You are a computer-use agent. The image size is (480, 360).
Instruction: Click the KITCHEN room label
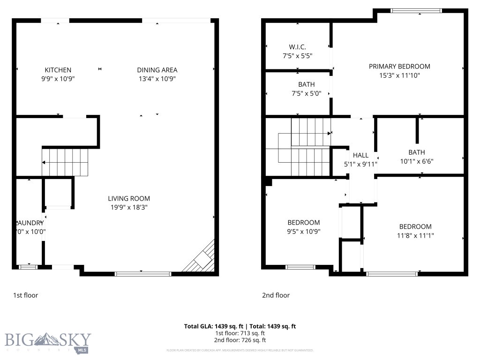pos(58,70)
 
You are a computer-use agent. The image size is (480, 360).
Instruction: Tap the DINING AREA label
pos(157,70)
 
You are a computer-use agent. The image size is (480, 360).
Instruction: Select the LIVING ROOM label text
pos(129,198)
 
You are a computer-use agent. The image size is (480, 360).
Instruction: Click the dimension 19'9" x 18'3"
pos(129,207)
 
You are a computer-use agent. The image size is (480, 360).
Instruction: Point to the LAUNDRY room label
pos(30,223)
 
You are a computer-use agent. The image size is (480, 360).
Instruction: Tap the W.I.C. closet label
pos(297,46)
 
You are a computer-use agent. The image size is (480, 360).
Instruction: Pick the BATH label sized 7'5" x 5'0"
pos(306,84)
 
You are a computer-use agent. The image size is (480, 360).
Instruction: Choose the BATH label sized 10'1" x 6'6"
pos(416,152)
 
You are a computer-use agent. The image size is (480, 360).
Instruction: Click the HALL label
pos(360,155)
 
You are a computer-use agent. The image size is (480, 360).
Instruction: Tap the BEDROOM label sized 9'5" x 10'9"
pos(303,222)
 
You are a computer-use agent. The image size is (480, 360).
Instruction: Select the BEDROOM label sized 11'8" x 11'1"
pos(415,226)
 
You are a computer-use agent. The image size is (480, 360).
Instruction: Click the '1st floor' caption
pos(25,295)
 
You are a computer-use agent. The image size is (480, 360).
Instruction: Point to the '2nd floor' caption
pos(276,295)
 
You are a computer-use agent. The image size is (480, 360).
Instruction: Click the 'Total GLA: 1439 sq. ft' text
pos(214,326)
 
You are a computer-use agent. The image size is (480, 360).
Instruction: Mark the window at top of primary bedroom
pos(416,10)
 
